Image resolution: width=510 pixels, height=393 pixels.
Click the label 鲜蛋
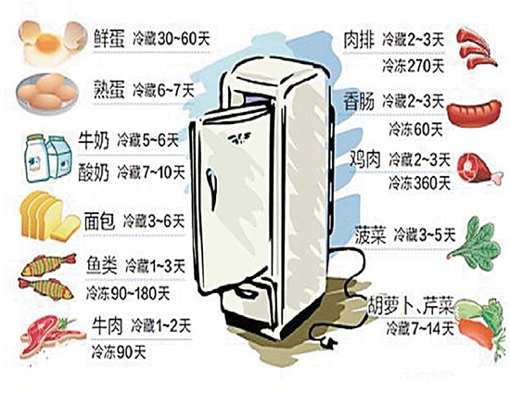click(109, 39)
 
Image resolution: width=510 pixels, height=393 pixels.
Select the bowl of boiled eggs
click(48, 94)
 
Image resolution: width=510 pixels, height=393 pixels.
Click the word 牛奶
click(94, 141)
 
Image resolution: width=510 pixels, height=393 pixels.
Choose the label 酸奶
click(94, 172)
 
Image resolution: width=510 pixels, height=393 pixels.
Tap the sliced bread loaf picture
click(50, 215)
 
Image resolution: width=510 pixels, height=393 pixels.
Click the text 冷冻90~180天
click(128, 294)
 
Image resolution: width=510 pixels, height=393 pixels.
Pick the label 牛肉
click(107, 325)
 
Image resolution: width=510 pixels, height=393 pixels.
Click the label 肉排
click(360, 40)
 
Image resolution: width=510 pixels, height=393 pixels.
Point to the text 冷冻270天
click(413, 67)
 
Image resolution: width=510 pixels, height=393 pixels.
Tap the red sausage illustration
click(474, 113)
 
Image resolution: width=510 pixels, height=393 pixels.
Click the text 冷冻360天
click(419, 183)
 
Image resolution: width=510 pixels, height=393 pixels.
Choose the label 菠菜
click(371, 235)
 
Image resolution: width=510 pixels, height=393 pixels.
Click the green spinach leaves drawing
click(476, 242)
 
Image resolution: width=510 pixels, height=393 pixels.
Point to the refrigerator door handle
click(211, 188)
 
